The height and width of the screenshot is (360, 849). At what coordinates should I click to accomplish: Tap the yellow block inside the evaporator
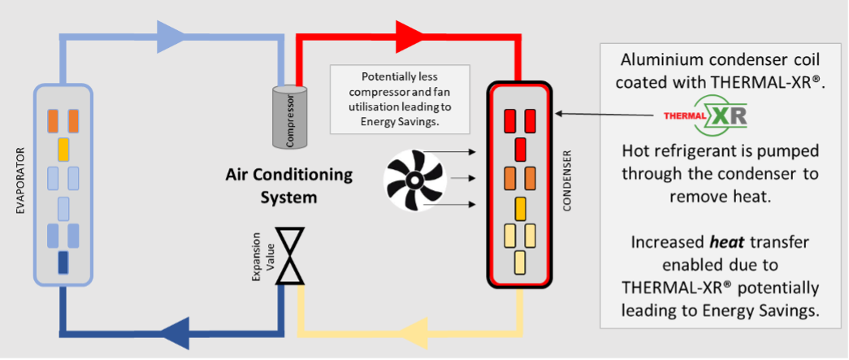63,150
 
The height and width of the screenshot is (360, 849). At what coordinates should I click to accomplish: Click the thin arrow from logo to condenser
605,115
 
